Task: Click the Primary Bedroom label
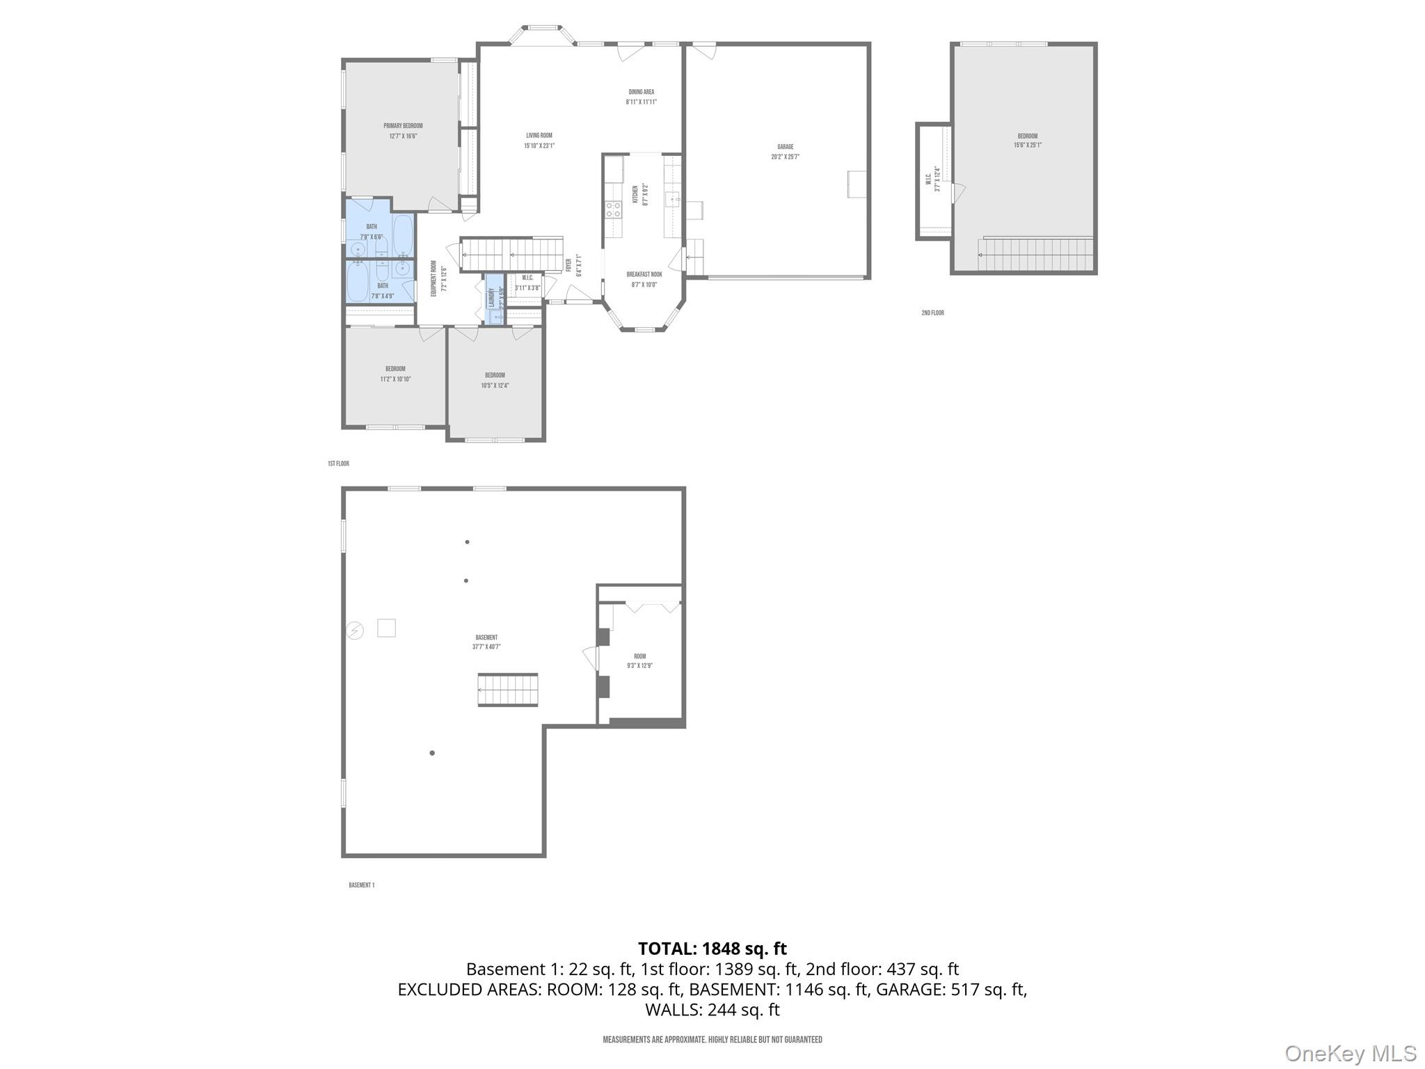point(403,126)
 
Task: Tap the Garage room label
point(785,147)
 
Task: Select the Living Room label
point(539,136)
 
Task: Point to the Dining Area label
point(641,92)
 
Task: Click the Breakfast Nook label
point(644,275)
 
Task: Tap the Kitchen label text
point(635,194)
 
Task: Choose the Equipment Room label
point(433,279)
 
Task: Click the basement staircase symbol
point(508,690)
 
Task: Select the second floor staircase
point(1035,255)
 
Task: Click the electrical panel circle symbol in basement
point(355,631)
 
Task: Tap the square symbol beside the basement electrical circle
point(386,628)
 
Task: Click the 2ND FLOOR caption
point(932,313)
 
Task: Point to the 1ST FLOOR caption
point(338,464)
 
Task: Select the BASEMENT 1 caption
point(361,885)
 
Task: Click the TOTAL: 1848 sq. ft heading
point(712,949)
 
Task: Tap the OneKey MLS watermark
point(1351,1054)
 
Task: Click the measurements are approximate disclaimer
point(712,1040)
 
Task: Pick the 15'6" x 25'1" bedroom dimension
point(1027,145)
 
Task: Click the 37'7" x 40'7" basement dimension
point(486,647)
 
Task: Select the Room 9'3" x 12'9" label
point(639,660)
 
